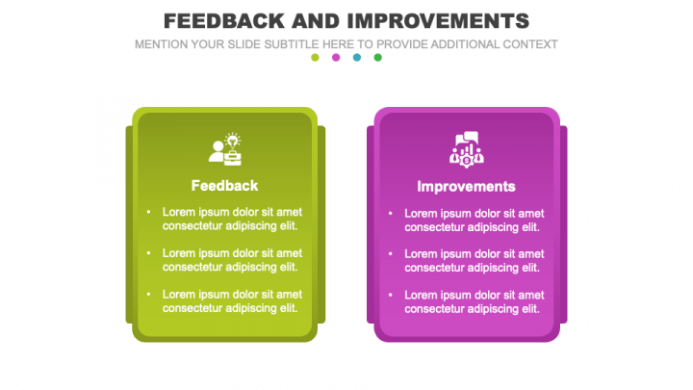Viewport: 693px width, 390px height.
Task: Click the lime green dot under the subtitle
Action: (x=315, y=58)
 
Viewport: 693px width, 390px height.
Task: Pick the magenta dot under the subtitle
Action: (x=336, y=58)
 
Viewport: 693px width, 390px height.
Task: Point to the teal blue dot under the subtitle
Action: (x=357, y=58)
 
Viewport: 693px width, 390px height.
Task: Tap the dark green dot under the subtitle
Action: (x=378, y=58)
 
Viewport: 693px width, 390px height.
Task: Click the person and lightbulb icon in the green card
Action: (x=225, y=147)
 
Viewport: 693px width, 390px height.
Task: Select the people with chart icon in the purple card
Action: (x=467, y=147)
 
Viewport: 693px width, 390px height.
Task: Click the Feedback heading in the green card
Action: (x=224, y=186)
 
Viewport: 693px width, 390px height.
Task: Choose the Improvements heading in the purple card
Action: (x=467, y=186)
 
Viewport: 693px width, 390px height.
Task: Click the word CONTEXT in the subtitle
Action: (x=527, y=44)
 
